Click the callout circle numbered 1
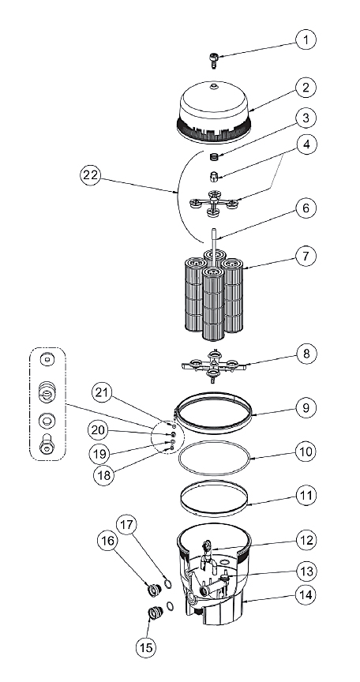[306, 40]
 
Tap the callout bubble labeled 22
[92, 176]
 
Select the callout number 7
[306, 256]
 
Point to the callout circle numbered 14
[306, 594]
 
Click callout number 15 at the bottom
[147, 647]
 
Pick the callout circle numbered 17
[126, 525]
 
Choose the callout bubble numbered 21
[102, 393]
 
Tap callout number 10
[306, 452]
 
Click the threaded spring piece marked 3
[213, 156]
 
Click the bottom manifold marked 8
[213, 366]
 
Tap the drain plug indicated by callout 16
[153, 590]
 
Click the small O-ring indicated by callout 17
[167, 583]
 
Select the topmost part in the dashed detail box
[47, 360]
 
